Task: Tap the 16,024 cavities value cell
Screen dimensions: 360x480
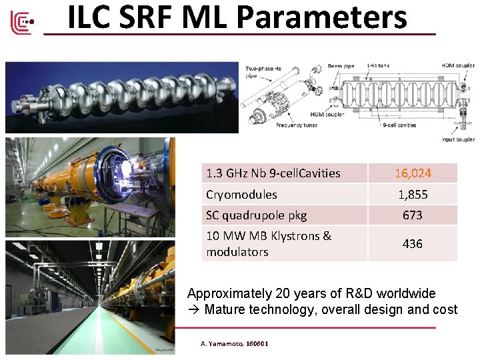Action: (413, 173)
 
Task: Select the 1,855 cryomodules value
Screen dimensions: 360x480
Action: (413, 195)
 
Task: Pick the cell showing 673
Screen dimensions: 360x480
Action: (413, 215)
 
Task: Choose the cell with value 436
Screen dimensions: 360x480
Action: (413, 244)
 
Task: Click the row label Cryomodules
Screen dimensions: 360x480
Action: (241, 195)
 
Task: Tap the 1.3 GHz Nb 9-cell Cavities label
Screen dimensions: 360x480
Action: (273, 173)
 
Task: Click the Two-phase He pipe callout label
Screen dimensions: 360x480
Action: (263, 71)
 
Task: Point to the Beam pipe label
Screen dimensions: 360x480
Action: (340, 66)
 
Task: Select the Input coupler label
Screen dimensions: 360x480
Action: (458, 139)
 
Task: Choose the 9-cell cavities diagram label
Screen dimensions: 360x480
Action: (399, 125)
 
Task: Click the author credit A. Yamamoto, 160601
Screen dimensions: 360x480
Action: (235, 343)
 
